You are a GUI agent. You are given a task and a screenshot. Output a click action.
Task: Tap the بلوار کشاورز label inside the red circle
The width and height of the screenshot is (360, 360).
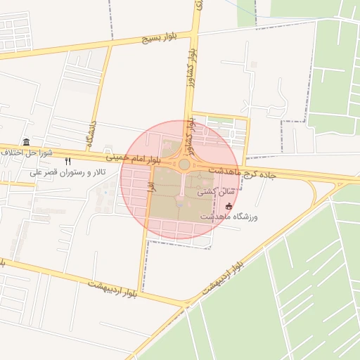pos(191,132)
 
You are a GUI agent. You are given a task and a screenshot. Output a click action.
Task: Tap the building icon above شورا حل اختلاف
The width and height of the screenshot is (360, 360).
pos(26,141)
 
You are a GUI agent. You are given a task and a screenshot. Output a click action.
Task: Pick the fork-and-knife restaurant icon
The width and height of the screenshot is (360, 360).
pos(67,161)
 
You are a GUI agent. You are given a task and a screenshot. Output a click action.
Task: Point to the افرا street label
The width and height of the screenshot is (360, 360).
pos(150,185)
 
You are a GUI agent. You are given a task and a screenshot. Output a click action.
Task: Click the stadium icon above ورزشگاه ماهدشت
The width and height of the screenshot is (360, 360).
pos(229,206)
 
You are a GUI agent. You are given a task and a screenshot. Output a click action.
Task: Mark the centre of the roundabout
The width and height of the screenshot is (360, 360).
pos(184,165)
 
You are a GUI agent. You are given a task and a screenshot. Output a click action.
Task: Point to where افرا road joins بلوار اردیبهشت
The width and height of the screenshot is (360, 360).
pos(140,292)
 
